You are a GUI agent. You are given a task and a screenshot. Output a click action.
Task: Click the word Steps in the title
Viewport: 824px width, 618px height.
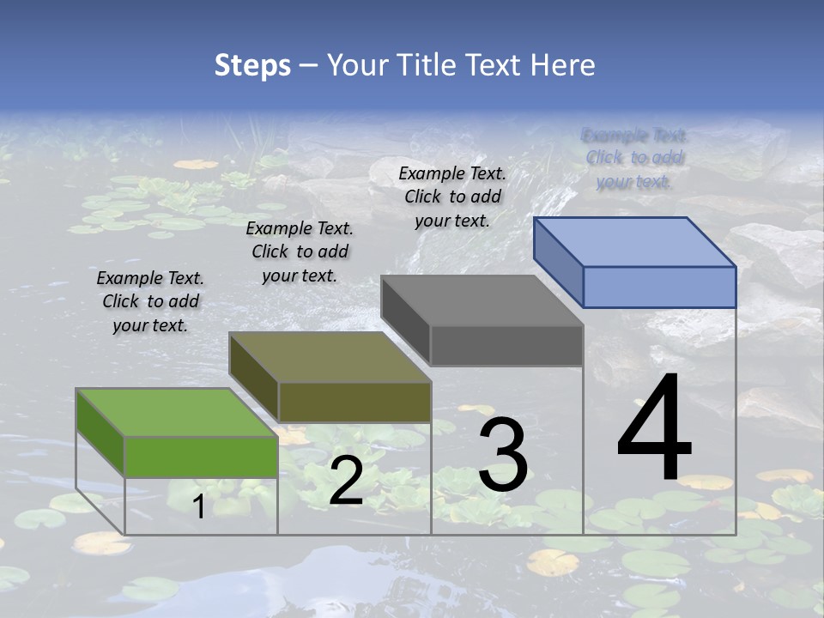tap(252, 65)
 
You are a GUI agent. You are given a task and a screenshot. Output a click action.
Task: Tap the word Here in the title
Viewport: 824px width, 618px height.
tap(564, 65)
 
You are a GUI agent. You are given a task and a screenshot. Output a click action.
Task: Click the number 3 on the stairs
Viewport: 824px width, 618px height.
tap(503, 455)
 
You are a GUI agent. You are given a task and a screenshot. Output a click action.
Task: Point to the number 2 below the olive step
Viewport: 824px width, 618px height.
tap(346, 481)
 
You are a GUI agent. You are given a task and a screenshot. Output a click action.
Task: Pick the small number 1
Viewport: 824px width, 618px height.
tap(198, 506)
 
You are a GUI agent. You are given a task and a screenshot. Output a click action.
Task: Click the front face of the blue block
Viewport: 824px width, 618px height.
tap(659, 287)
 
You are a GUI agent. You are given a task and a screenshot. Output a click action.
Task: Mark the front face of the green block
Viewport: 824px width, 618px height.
tap(201, 457)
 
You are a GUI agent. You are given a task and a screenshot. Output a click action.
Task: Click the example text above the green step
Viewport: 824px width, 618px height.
tap(150, 301)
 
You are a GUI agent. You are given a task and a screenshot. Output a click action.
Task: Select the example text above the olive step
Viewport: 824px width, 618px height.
tap(300, 251)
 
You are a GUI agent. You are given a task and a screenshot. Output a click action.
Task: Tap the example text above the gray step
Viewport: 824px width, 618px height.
tap(452, 197)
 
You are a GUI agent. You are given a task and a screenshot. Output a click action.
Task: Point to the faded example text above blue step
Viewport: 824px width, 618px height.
tap(635, 158)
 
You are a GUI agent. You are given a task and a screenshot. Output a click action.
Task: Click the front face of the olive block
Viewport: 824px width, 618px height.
tap(354, 402)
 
